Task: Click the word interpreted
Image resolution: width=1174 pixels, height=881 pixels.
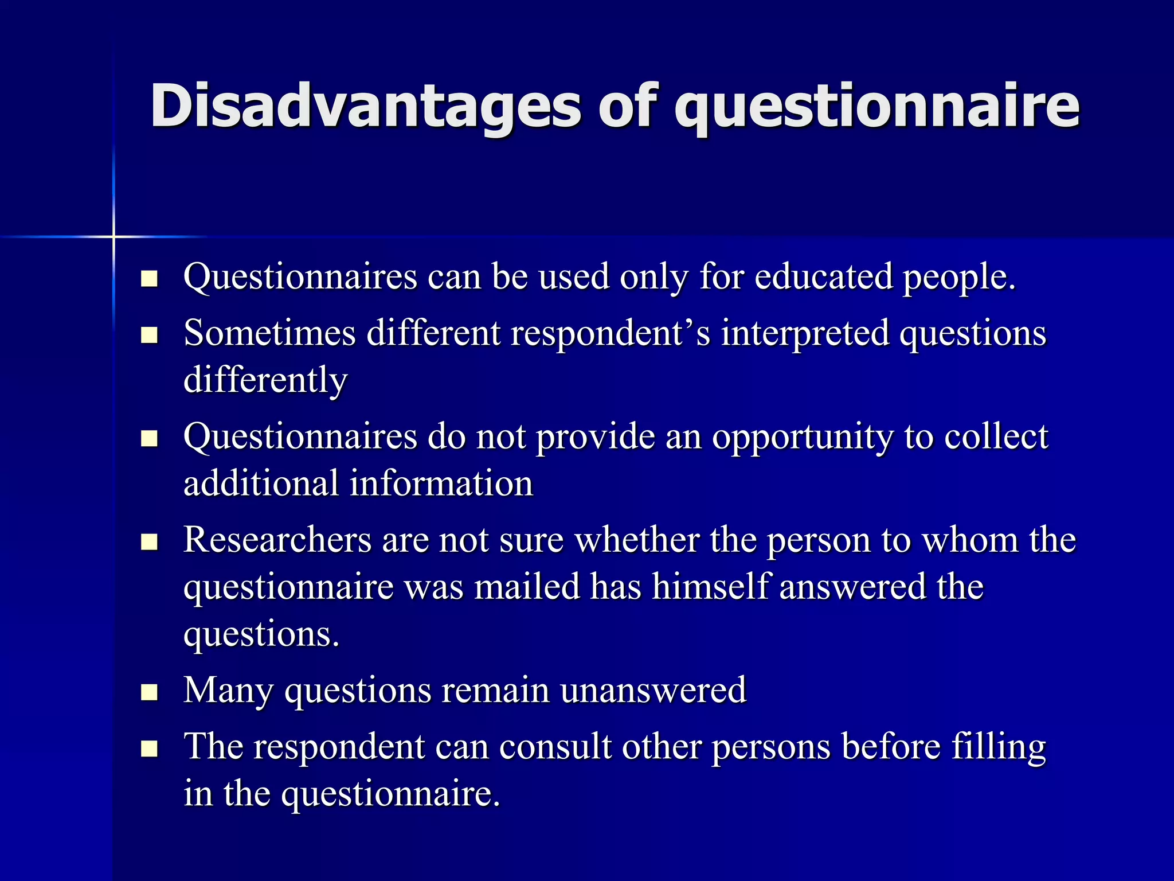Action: (x=805, y=334)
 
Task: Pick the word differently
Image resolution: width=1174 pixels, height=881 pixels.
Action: (x=265, y=380)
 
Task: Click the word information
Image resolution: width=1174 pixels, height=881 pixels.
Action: (x=441, y=484)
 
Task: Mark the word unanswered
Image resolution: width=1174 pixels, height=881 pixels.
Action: (x=653, y=690)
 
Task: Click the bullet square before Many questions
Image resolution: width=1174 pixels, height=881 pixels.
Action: (x=149, y=692)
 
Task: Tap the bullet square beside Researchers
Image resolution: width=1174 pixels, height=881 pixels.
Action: (x=149, y=542)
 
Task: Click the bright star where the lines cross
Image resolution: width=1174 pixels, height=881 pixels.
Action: (x=114, y=236)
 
